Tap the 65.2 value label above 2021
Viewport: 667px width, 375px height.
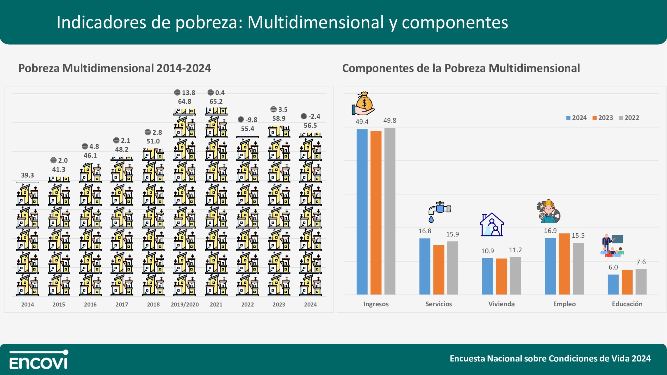216,102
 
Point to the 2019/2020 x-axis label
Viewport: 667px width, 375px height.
185,304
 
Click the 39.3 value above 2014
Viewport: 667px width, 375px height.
27,175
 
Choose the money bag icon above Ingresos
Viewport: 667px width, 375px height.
363,104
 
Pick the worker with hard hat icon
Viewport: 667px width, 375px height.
548,211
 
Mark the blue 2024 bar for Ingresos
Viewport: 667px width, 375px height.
362,211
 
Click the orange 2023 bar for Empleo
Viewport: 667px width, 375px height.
564,264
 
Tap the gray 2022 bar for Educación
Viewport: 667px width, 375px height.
641,282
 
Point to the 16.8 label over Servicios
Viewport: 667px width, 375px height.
425,231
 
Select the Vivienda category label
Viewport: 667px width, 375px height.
502,304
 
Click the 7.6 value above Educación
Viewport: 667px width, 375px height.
641,262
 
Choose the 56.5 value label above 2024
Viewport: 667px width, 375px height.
310,126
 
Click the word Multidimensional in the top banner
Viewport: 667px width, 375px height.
316,22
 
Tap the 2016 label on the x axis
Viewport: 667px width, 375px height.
90,304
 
